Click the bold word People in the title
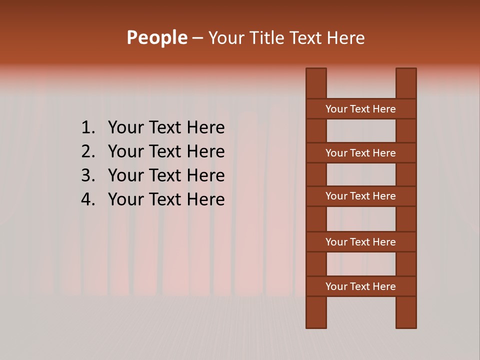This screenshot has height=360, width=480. (156, 38)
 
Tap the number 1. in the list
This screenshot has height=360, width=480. (88, 128)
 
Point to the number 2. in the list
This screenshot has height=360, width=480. (88, 151)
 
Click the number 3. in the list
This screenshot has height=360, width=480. (88, 175)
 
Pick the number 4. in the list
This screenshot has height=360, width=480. (88, 199)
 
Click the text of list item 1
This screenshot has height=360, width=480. (166, 128)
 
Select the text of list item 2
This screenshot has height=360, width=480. (166, 151)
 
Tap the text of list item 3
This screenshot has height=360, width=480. (166, 175)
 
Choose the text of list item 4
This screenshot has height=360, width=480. (166, 199)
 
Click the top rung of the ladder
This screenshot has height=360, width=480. (360, 109)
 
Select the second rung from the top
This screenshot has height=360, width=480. (360, 153)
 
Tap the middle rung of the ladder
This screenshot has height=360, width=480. (360, 196)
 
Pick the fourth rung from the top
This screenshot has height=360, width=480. (360, 242)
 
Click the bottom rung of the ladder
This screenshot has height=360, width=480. (360, 286)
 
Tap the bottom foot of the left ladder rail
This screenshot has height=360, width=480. (316, 324)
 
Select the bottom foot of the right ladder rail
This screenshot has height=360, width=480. (406, 324)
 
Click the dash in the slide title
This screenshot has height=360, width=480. (197, 38)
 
